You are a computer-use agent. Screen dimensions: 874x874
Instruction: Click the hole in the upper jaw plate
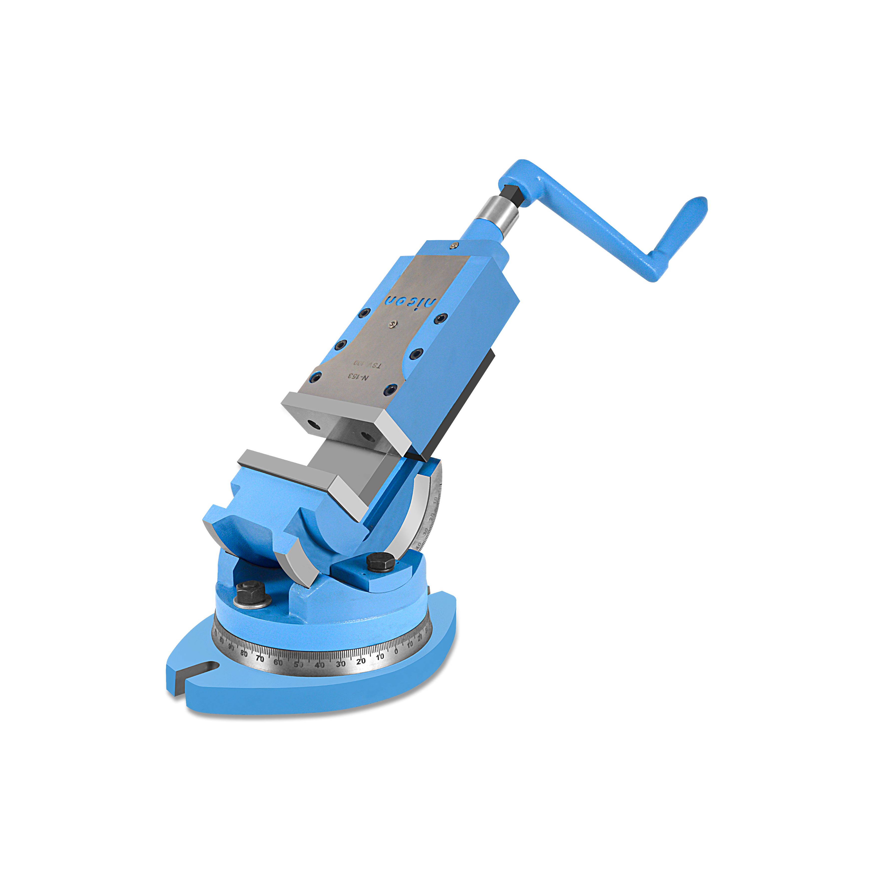[x=311, y=424]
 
